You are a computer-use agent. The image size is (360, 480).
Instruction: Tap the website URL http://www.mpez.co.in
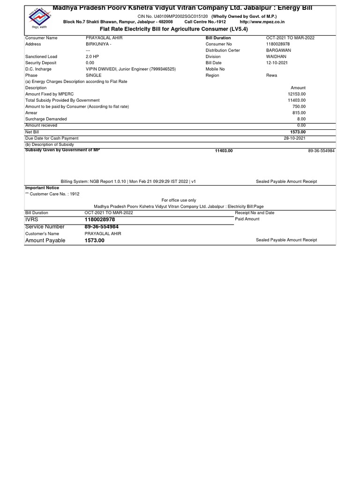click(262, 22)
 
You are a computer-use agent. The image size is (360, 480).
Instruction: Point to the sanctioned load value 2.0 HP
click(93, 56)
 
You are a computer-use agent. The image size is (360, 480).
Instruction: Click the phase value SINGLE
click(94, 75)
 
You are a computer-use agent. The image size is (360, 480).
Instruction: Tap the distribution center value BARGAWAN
click(278, 50)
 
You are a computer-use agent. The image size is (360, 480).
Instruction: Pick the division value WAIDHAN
click(276, 56)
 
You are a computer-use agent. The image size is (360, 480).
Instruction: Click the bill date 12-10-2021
click(277, 63)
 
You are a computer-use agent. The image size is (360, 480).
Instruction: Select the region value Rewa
click(271, 75)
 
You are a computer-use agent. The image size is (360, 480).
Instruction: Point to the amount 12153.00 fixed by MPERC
click(297, 94)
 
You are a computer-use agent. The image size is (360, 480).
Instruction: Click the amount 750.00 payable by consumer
click(299, 106)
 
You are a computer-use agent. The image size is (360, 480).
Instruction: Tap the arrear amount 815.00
click(299, 113)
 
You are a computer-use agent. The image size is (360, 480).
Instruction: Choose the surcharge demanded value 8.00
click(301, 119)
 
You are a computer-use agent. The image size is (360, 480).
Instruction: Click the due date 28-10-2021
click(294, 138)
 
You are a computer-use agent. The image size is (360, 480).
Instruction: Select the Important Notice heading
click(42, 187)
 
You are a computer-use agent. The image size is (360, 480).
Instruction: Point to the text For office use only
click(179, 200)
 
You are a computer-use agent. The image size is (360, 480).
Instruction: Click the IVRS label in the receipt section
click(32, 219)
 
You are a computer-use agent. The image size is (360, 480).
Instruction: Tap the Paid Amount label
click(247, 219)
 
